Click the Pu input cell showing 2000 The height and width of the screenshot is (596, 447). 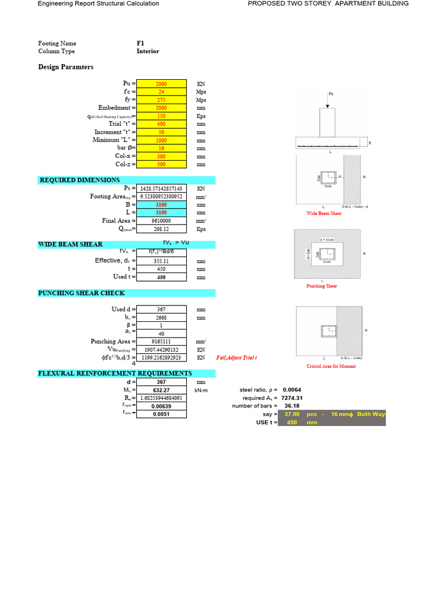[x=162, y=84]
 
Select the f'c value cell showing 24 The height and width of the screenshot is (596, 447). [x=162, y=92]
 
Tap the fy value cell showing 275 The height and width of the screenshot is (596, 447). [x=162, y=100]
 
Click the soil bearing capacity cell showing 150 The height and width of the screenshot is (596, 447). [x=162, y=116]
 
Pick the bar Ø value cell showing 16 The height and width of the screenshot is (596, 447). [x=162, y=148]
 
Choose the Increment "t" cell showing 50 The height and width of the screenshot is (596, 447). [x=162, y=132]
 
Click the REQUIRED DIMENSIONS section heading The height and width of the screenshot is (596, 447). [x=80, y=180]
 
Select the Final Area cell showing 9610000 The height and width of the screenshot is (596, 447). [x=162, y=221]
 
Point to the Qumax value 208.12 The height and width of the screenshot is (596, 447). [x=162, y=229]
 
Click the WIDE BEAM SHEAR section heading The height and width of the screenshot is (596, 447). [x=70, y=244]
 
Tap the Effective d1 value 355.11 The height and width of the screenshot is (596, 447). [x=162, y=261]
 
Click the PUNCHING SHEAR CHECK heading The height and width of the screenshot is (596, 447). [x=81, y=293]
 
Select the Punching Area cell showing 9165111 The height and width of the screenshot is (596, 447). [x=162, y=342]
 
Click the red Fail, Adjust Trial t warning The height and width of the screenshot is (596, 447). [x=236, y=358]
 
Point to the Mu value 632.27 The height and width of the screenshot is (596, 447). [x=162, y=390]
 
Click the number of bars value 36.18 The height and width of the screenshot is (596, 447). [x=292, y=406]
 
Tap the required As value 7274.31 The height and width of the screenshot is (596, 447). [x=292, y=398]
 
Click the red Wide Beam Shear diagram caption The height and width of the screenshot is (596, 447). [x=324, y=214]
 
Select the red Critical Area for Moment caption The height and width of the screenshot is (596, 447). [x=331, y=366]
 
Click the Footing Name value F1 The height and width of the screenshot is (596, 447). [x=140, y=44]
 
